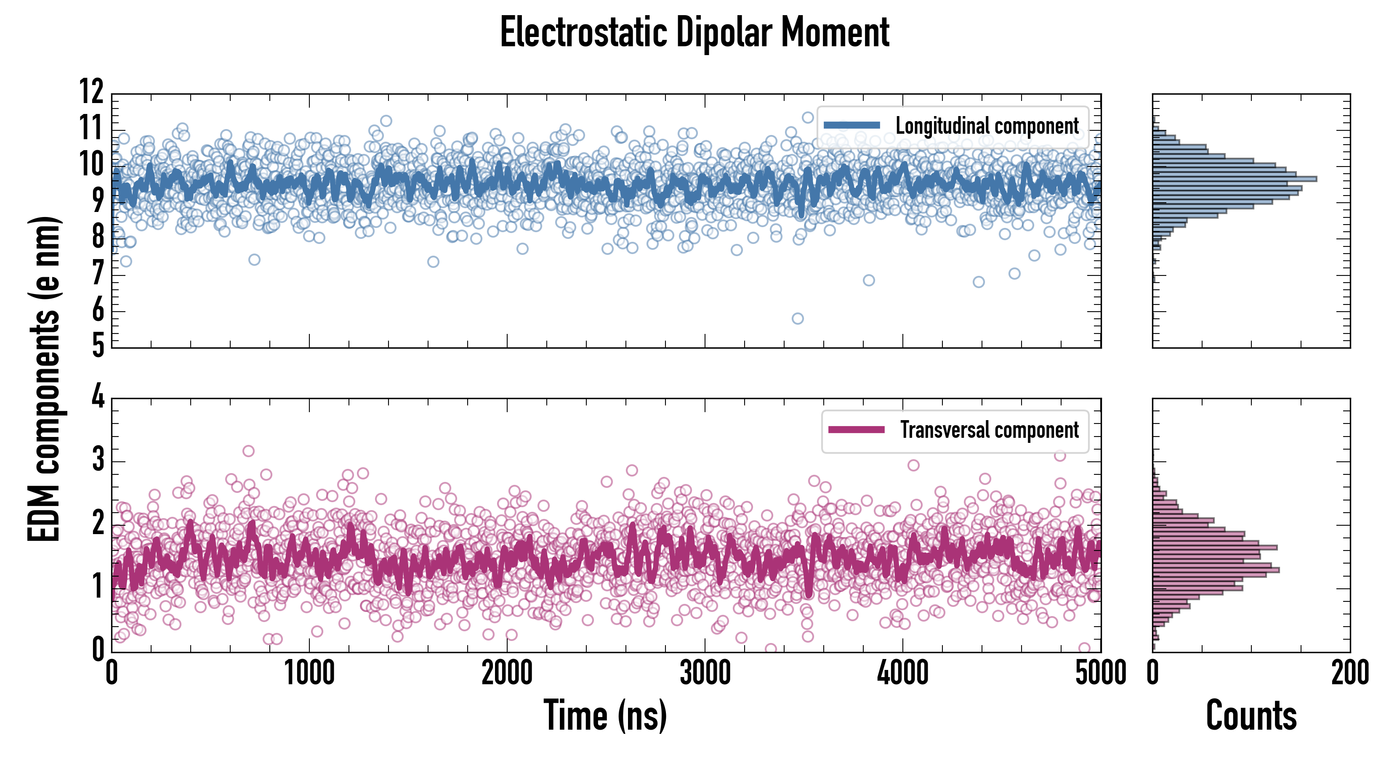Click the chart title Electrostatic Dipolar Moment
pyautogui.click(x=694, y=32)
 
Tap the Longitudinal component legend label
pyautogui.click(x=987, y=126)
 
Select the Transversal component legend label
pyautogui.click(x=990, y=430)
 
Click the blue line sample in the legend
pyautogui.click(x=852, y=126)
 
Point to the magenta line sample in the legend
pyautogui.click(x=856, y=430)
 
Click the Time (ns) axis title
pyautogui.click(x=605, y=715)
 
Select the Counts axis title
pyautogui.click(x=1251, y=715)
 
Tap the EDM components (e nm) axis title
pyautogui.click(x=44, y=380)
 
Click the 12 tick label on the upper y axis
pyautogui.click(x=92, y=92)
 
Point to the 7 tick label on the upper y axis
pyautogui.click(x=98, y=274)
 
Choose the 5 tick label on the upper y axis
pyautogui.click(x=98, y=345)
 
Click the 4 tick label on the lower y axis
pyautogui.click(x=98, y=397)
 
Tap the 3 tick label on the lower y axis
pyautogui.click(x=98, y=460)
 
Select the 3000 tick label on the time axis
pyautogui.click(x=705, y=673)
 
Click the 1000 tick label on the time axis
pyautogui.click(x=309, y=673)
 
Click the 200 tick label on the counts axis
pyautogui.click(x=1349, y=673)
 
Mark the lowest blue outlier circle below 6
pyautogui.click(x=798, y=318)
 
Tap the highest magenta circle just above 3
pyautogui.click(x=248, y=451)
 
